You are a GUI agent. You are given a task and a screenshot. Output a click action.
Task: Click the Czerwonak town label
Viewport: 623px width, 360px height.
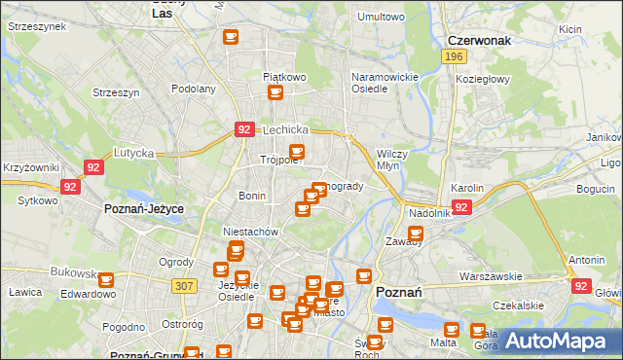tap(479, 41)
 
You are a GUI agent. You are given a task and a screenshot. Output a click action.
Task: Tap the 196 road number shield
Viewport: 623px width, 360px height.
tap(453, 57)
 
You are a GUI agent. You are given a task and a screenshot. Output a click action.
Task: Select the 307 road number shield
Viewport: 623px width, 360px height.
tap(184, 285)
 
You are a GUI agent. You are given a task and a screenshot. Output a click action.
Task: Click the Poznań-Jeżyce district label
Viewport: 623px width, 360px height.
tap(144, 208)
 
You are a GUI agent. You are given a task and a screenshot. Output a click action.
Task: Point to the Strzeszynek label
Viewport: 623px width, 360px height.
tap(36, 27)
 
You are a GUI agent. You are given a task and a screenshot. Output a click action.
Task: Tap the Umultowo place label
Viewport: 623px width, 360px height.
tap(381, 17)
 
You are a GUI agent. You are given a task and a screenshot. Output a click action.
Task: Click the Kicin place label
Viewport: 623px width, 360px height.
tap(570, 29)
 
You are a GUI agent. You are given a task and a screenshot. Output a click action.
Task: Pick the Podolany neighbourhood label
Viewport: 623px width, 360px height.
tap(193, 89)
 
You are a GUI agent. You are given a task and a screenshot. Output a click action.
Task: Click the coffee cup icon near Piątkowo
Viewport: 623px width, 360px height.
tap(275, 92)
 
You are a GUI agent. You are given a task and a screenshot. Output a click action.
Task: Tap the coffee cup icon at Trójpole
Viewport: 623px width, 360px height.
tap(297, 152)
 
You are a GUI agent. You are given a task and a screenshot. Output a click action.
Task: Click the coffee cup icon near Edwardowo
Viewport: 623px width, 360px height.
tap(106, 280)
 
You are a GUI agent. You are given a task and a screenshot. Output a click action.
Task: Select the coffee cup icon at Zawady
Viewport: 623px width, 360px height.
tap(416, 234)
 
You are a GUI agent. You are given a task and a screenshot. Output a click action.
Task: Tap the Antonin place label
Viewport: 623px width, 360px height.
tap(586, 260)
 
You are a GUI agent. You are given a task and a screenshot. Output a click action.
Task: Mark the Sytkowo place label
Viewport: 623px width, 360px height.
tap(37, 200)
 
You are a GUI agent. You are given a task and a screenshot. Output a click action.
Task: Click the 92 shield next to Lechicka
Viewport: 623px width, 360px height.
tap(244, 128)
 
